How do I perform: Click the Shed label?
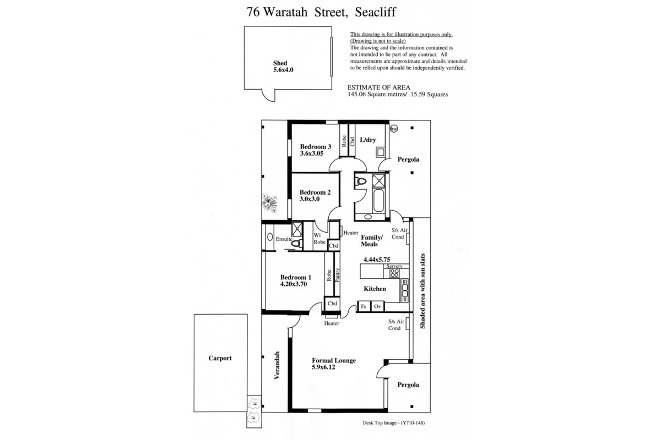tap(280, 63)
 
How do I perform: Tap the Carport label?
tap(220, 358)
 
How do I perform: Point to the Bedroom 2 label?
tap(315, 193)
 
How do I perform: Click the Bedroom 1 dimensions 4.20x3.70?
tap(294, 284)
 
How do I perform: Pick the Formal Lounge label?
tap(334, 360)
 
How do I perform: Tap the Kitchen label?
tap(375, 289)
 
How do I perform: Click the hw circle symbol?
tap(394, 129)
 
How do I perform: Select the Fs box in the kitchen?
tap(364, 306)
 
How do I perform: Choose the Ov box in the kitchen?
tap(377, 306)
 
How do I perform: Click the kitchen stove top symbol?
tap(394, 273)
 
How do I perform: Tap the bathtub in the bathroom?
tap(378, 201)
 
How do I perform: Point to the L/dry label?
tap(368, 140)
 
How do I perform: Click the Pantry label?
tap(338, 275)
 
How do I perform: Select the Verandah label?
tap(277, 365)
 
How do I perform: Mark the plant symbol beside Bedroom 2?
tap(269, 203)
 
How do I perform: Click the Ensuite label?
tap(284, 239)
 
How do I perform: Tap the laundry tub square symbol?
tap(381, 152)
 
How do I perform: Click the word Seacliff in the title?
tap(375, 12)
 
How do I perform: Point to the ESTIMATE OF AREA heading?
tap(378, 87)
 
